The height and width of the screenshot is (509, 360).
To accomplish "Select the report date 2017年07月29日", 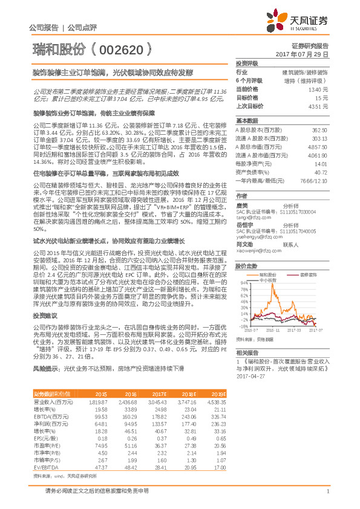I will pyautogui.click(x=306, y=54).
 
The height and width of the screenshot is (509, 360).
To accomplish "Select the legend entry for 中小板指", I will pyautogui.click(x=267, y=280).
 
